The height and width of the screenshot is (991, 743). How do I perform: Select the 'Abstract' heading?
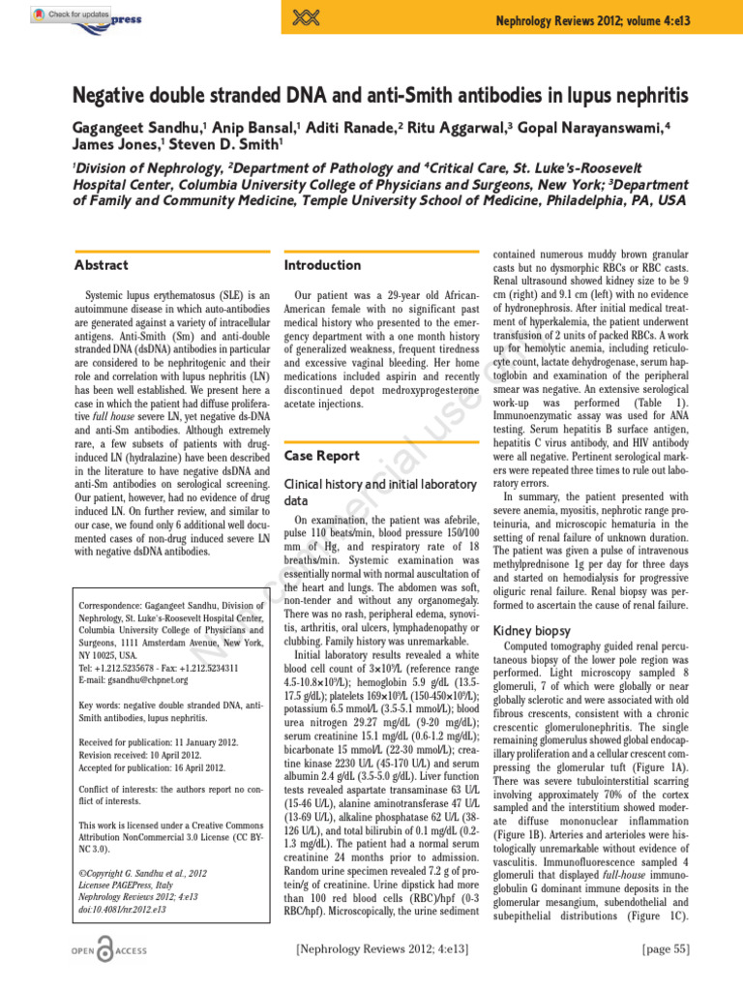(102, 264)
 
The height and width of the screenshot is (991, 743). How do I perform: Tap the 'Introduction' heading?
(322, 264)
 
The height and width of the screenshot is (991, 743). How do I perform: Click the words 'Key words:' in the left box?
(102, 705)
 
